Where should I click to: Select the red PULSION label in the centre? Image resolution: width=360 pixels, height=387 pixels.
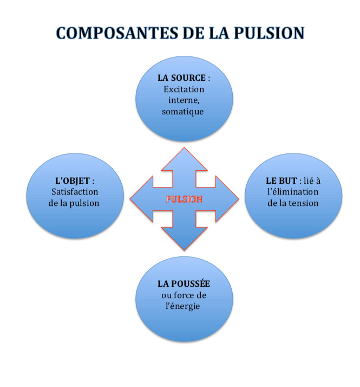tap(184, 199)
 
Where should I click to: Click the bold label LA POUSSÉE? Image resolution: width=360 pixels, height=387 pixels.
tap(184, 283)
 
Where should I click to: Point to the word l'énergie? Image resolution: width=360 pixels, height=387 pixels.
tap(184, 306)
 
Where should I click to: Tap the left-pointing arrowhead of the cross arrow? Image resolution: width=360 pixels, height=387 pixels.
tap(140, 199)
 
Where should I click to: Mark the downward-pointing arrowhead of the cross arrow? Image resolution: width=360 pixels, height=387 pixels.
tap(184, 241)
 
